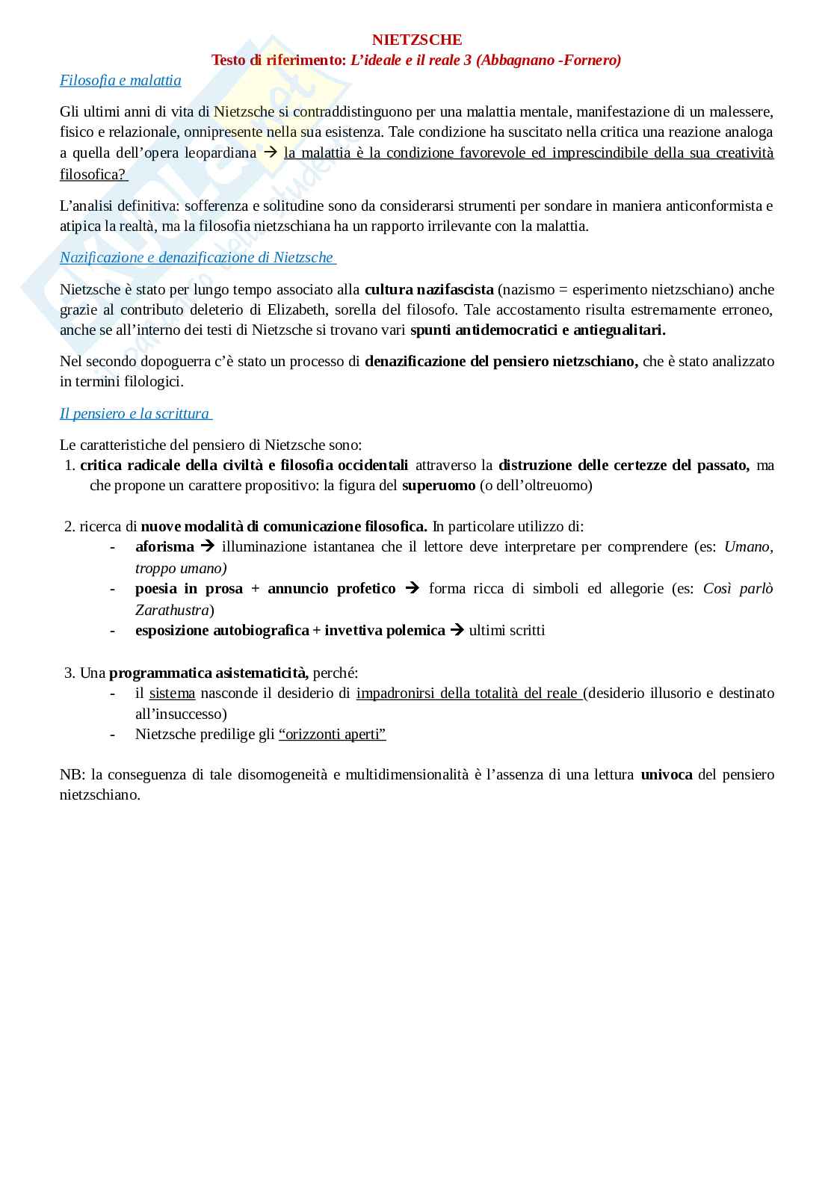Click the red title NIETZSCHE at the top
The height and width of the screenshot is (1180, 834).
(x=417, y=40)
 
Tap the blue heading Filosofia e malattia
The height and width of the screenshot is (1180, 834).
(x=120, y=80)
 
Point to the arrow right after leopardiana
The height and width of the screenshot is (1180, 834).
(x=271, y=152)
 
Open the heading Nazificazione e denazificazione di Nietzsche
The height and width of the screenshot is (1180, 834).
(x=197, y=257)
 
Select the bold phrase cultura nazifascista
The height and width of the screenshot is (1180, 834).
(x=429, y=289)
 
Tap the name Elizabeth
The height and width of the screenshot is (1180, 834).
(x=297, y=309)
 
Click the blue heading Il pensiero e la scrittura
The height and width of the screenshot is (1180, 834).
(x=135, y=413)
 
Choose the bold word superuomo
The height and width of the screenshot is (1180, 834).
(x=439, y=485)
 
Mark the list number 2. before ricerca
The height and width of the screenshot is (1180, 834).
(x=69, y=526)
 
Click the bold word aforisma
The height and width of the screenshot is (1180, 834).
(x=164, y=546)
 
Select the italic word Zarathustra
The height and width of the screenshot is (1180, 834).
(x=172, y=610)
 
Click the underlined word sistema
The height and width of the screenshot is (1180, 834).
(x=172, y=693)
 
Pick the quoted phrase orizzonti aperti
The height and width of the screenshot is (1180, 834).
(x=332, y=733)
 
